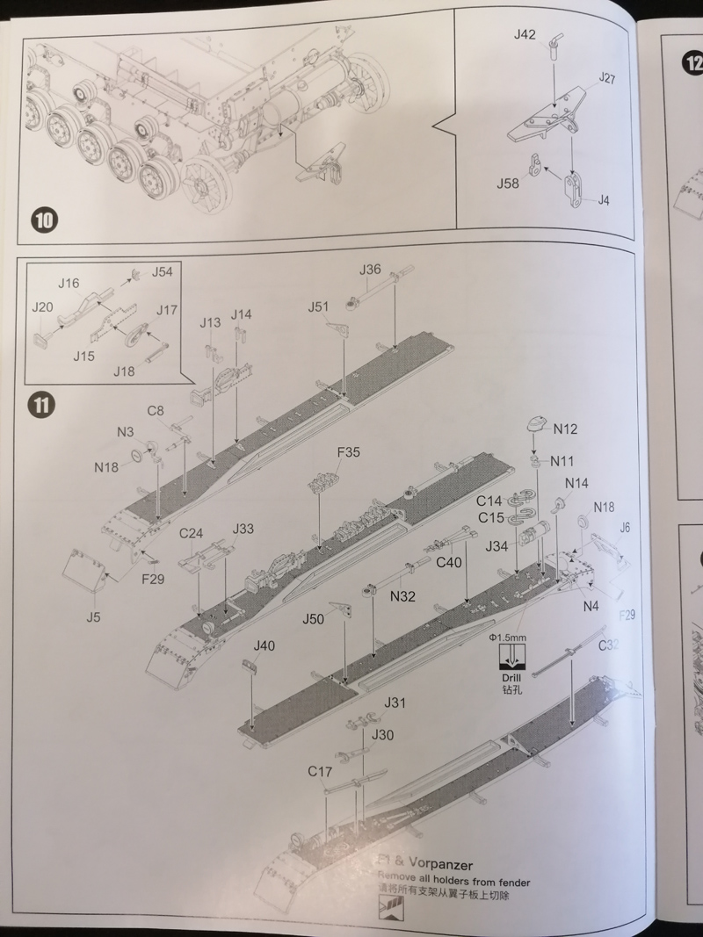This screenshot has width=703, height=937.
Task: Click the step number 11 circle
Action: (42, 405)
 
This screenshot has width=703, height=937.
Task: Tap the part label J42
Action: (525, 35)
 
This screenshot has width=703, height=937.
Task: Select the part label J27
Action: (606, 78)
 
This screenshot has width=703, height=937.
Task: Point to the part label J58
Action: (508, 184)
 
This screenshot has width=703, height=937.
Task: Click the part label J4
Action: (603, 200)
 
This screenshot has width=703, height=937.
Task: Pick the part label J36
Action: (370, 270)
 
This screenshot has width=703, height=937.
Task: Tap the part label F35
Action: (349, 452)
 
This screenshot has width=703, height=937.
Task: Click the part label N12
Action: (565, 429)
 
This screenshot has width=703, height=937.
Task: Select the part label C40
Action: (449, 563)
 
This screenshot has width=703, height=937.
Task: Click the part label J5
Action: (93, 616)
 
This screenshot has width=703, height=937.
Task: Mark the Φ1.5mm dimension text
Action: (507, 637)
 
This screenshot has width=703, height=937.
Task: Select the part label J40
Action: (264, 645)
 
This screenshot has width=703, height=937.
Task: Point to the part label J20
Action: (43, 306)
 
